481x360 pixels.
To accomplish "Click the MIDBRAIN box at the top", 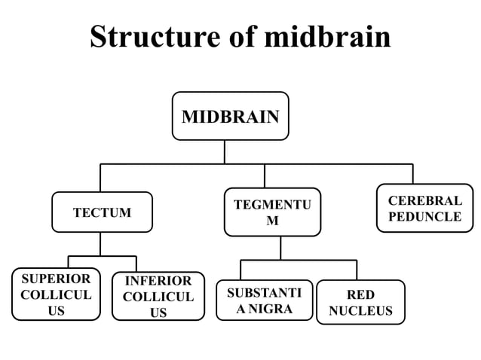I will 230,116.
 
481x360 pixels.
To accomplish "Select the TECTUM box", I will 102,212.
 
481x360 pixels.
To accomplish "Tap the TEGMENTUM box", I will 272,212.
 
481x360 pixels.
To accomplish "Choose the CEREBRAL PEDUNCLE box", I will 424,209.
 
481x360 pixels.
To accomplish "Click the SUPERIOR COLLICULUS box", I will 56,294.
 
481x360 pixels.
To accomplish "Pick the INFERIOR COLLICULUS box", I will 158,296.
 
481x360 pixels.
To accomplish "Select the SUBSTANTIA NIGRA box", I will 264,300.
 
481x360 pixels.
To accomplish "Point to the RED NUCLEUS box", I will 360,302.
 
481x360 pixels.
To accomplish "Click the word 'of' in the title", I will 244,37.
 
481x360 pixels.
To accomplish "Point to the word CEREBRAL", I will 424,201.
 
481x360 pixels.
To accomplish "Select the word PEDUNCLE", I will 424,217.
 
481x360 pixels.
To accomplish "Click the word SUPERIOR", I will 56,279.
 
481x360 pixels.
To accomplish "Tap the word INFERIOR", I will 158,281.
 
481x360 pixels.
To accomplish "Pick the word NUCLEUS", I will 360,310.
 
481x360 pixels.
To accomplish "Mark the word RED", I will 360,294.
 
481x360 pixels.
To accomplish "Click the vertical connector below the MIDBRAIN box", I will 224,151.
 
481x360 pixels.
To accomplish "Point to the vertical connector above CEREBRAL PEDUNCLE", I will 412,173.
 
